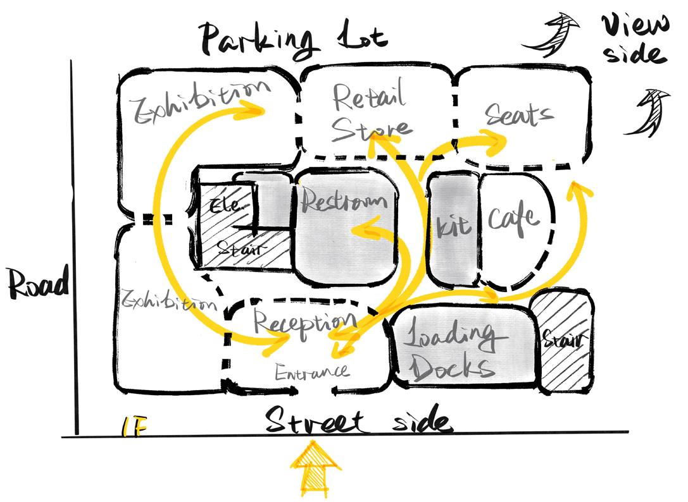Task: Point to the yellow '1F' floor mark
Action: point(134,428)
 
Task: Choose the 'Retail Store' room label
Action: point(370,114)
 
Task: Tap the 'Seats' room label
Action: point(520,115)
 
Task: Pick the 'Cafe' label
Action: point(514,219)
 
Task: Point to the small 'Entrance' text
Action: point(311,371)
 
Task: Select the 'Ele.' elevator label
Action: point(224,206)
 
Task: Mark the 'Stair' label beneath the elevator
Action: point(239,248)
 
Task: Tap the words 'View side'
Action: point(634,39)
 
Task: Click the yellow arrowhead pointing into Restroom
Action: point(358,230)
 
